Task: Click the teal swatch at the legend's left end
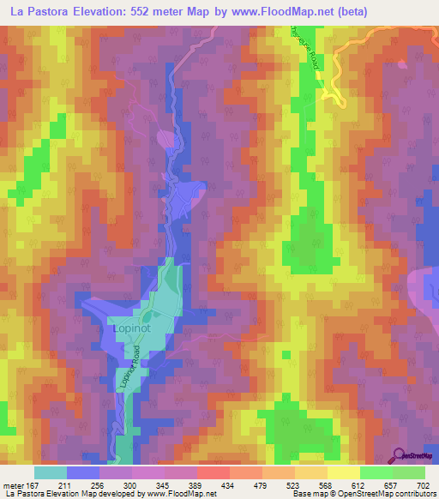(x=51, y=472)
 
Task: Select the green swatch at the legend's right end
(x=408, y=472)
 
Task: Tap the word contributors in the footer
(x=413, y=495)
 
